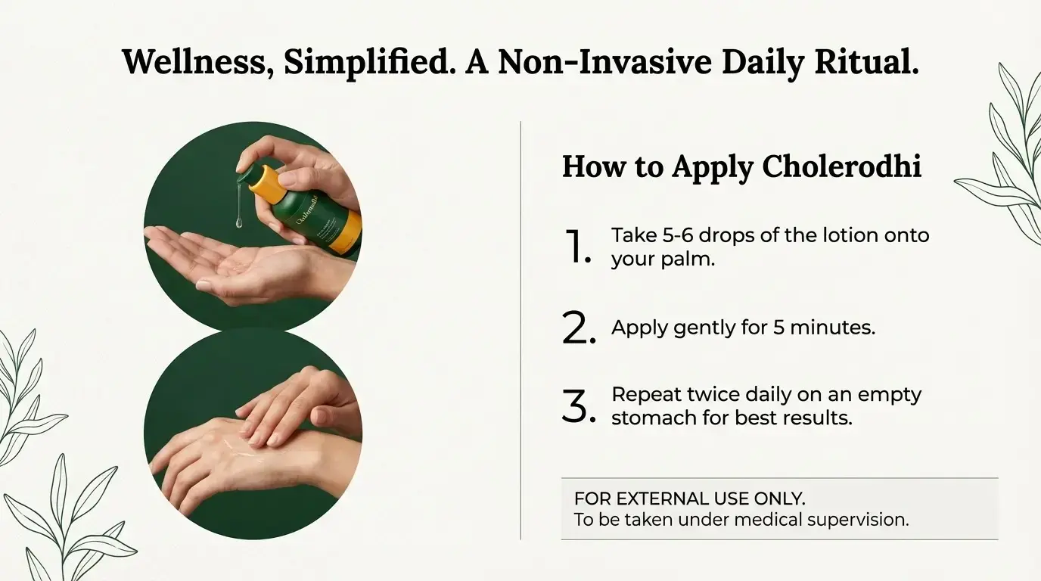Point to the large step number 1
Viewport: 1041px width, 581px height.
[576, 247]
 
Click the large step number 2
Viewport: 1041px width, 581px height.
[579, 328]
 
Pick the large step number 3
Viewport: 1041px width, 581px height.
[579, 405]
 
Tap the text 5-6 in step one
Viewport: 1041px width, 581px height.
[677, 235]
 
